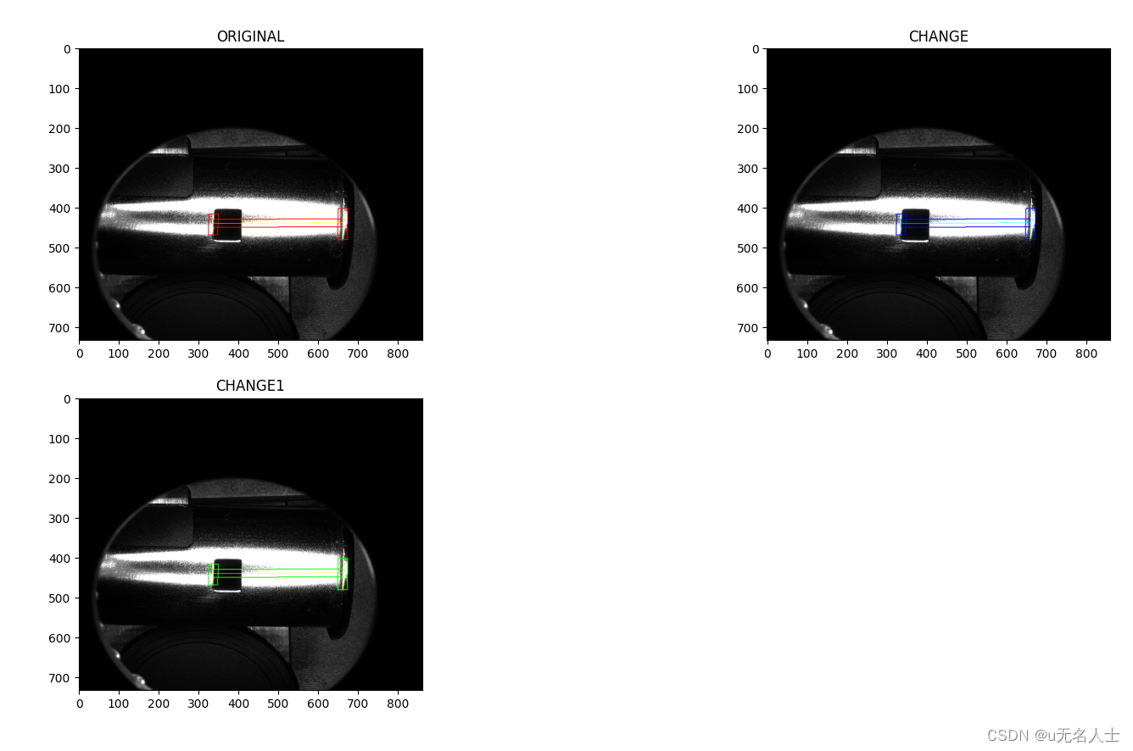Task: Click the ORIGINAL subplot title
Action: point(250,36)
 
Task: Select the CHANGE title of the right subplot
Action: point(938,36)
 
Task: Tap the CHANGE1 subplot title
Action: point(250,386)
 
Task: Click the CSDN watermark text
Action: point(1052,735)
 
